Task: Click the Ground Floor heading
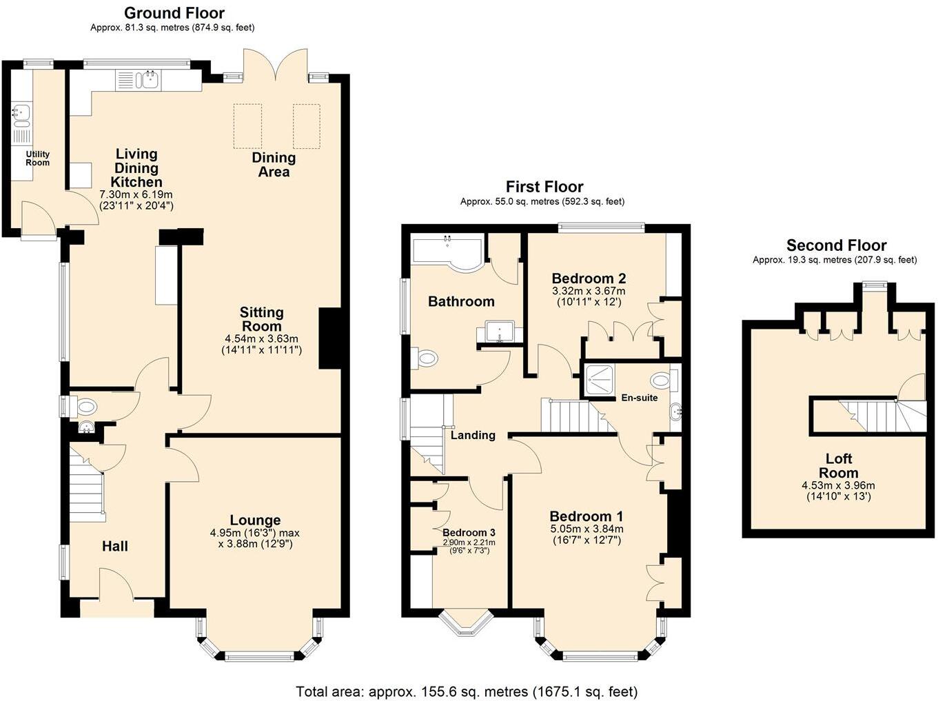[x=174, y=13]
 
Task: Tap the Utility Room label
[x=37, y=159]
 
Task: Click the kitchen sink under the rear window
[x=149, y=81]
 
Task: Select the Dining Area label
[x=274, y=165]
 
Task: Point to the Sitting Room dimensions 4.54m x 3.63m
[x=261, y=338]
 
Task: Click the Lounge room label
[x=255, y=520]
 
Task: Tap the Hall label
[x=115, y=546]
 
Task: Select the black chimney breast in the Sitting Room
[x=330, y=338]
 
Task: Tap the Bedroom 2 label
[x=589, y=278]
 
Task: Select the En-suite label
[x=639, y=398]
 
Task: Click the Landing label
[x=473, y=435]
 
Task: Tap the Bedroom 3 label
[x=469, y=533]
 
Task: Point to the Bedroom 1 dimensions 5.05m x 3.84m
[x=586, y=529]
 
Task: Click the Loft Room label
[x=839, y=466]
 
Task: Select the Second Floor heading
[x=836, y=245]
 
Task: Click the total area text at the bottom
[x=467, y=691]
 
